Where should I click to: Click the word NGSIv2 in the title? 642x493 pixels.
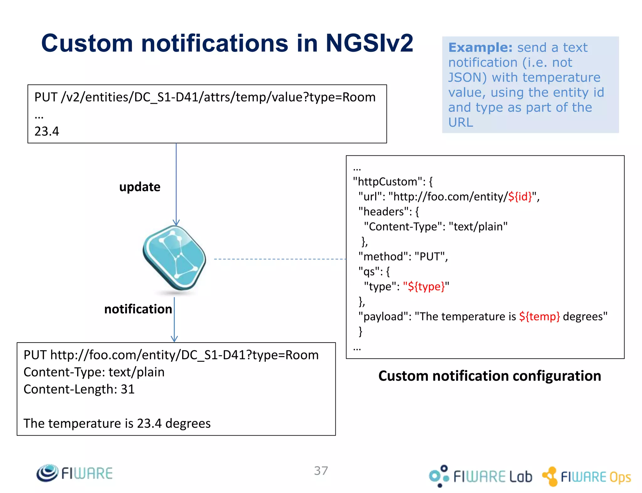pyautogui.click(x=369, y=43)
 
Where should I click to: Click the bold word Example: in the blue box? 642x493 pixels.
pyautogui.click(x=480, y=48)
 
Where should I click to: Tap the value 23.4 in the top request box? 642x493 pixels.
pyautogui.click(x=47, y=131)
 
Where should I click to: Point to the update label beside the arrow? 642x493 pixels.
pyautogui.click(x=140, y=187)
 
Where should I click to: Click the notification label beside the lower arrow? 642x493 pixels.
pyautogui.click(x=138, y=309)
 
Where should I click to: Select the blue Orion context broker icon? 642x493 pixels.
pyautogui.click(x=175, y=258)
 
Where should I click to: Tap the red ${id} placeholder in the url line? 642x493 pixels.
pyautogui.click(x=520, y=197)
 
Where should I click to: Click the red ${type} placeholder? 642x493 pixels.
pyautogui.click(x=426, y=286)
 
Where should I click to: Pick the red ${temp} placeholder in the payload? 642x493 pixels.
pyautogui.click(x=539, y=317)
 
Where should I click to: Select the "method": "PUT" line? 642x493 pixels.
pyautogui.click(x=403, y=257)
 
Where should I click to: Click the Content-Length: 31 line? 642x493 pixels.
pyautogui.click(x=79, y=389)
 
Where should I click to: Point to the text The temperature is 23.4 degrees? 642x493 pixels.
pyautogui.click(x=117, y=423)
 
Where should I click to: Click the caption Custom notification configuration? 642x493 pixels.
pyautogui.click(x=489, y=376)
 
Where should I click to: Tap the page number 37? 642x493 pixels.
pyautogui.click(x=321, y=471)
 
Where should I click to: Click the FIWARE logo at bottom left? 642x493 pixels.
pyautogui.click(x=75, y=473)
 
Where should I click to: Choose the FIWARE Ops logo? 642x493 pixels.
pyautogui.click(x=587, y=477)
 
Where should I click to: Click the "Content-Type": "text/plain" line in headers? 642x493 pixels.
pyautogui.click(x=435, y=227)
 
